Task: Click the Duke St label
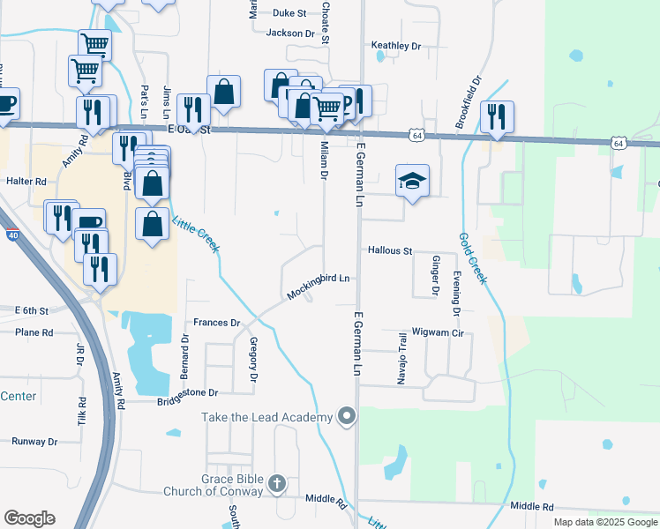pyautogui.click(x=289, y=13)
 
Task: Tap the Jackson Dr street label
pyautogui.click(x=289, y=34)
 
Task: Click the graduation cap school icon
pyautogui.click(x=412, y=181)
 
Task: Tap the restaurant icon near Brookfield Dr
pyautogui.click(x=498, y=116)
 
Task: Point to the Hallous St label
pyautogui.click(x=389, y=251)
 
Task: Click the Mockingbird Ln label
pyautogui.click(x=318, y=279)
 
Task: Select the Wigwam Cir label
pyautogui.click(x=439, y=334)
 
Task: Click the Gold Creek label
pyautogui.click(x=472, y=257)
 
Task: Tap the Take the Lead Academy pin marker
pyautogui.click(x=347, y=416)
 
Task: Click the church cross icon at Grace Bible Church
pyautogui.click(x=277, y=483)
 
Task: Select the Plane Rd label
pyautogui.click(x=34, y=332)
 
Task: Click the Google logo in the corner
pyautogui.click(x=29, y=518)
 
